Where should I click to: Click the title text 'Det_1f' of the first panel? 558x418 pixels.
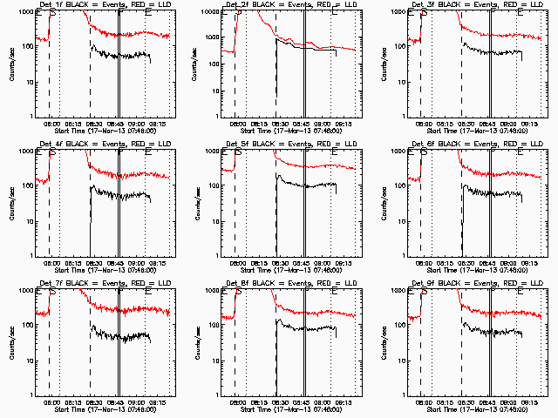coord(45,5)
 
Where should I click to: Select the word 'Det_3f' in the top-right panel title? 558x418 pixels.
coord(417,5)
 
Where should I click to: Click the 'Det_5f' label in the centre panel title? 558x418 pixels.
coord(231,145)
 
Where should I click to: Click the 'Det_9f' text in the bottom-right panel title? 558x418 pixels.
coord(417,284)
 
